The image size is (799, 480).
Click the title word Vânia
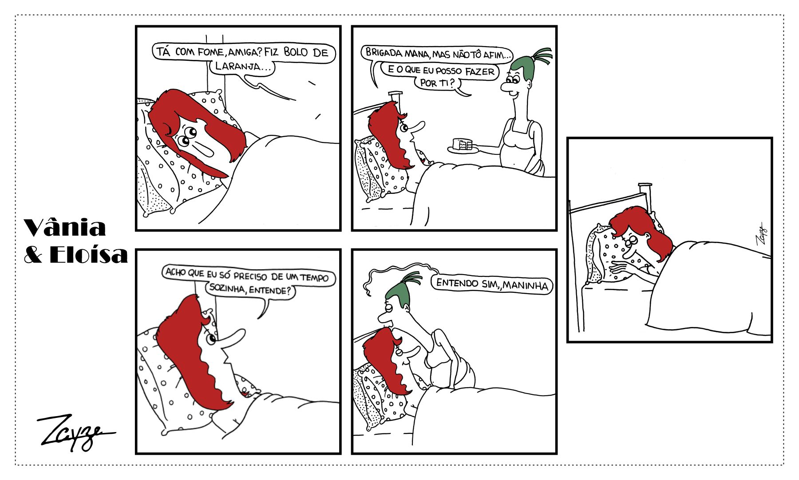click(65, 228)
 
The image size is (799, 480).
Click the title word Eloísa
click(88, 254)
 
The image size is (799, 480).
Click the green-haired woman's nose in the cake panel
click(506, 87)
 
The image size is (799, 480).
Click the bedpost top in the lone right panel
click(645, 185)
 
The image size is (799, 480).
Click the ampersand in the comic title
click(36, 255)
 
